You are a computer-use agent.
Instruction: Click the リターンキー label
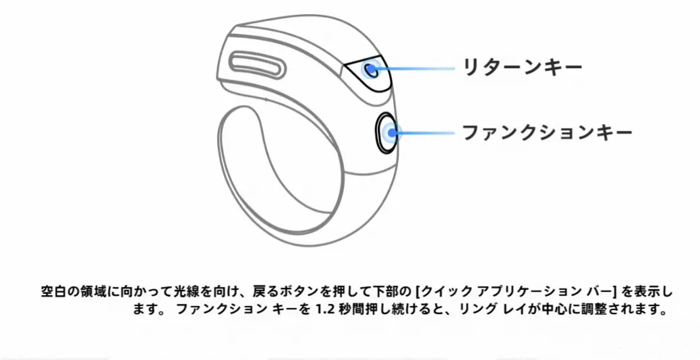(x=521, y=66)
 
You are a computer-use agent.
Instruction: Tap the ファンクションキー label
(x=546, y=131)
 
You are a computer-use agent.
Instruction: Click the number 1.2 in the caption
(x=326, y=311)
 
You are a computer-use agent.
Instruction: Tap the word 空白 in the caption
(x=51, y=293)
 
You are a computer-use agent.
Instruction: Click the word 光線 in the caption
(x=169, y=293)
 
